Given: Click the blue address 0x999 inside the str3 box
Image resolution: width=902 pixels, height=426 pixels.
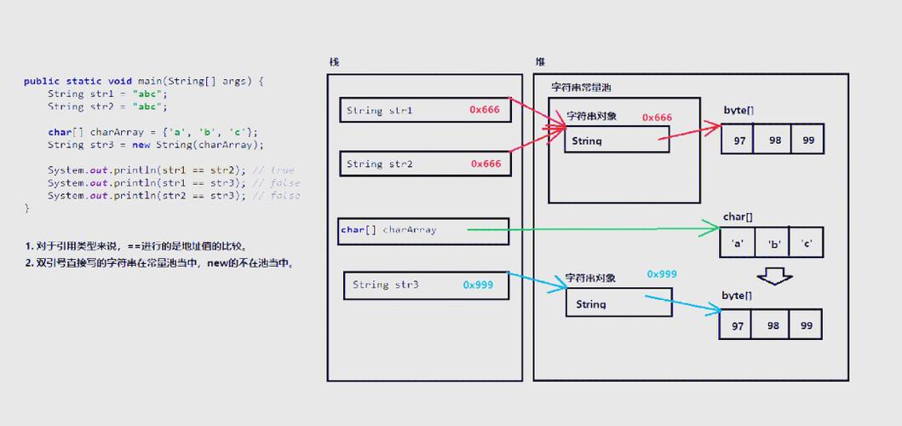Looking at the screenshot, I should coord(478,285).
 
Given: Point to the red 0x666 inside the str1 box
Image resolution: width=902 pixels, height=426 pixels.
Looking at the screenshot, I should coord(485,110).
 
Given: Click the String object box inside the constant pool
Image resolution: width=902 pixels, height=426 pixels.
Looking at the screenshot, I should coord(617,140).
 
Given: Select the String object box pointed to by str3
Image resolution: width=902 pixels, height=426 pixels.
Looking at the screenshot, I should coord(618,302).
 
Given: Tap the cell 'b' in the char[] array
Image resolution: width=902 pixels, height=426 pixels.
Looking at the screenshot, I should coord(774,243).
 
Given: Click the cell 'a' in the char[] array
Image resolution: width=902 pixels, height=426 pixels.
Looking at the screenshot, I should coord(738,243).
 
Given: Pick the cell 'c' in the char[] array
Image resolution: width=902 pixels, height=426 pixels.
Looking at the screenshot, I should coord(807,243).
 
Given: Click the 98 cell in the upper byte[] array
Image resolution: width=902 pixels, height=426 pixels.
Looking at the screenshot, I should coord(773,139).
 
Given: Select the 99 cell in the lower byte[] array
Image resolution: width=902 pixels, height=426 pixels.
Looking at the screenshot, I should coord(806,325).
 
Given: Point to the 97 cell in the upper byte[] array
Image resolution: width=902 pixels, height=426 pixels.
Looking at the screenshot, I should coord(738,139).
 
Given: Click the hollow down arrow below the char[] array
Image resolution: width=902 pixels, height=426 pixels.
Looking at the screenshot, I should coord(775,276).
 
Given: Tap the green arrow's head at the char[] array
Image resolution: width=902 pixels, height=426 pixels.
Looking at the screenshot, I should coord(715,228).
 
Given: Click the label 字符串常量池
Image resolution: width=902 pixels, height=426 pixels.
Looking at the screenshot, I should coord(581,88).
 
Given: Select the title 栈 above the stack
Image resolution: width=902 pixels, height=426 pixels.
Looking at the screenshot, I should coord(334,62).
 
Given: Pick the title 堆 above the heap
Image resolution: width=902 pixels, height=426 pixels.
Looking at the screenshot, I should coord(540,62).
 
